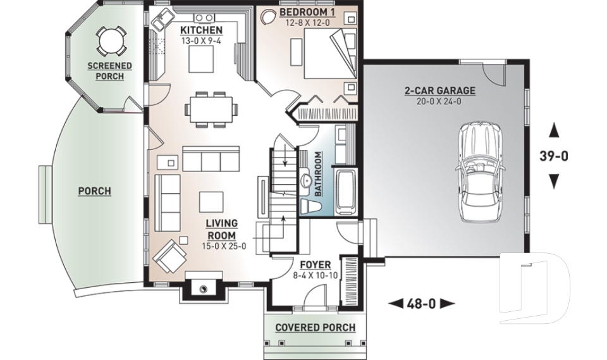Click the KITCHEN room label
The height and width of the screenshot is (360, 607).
pos(201,30)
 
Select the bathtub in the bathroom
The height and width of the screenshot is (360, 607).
pos(346,190)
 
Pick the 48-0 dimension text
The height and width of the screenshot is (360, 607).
pos(420,304)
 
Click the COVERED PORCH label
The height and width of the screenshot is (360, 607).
pos(315,327)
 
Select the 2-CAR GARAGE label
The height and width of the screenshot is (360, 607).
pos(439,90)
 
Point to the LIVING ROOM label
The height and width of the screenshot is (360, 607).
pos(221,229)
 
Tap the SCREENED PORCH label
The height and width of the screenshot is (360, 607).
pos(109,71)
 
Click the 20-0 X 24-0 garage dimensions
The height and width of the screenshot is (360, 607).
pos(439,101)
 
